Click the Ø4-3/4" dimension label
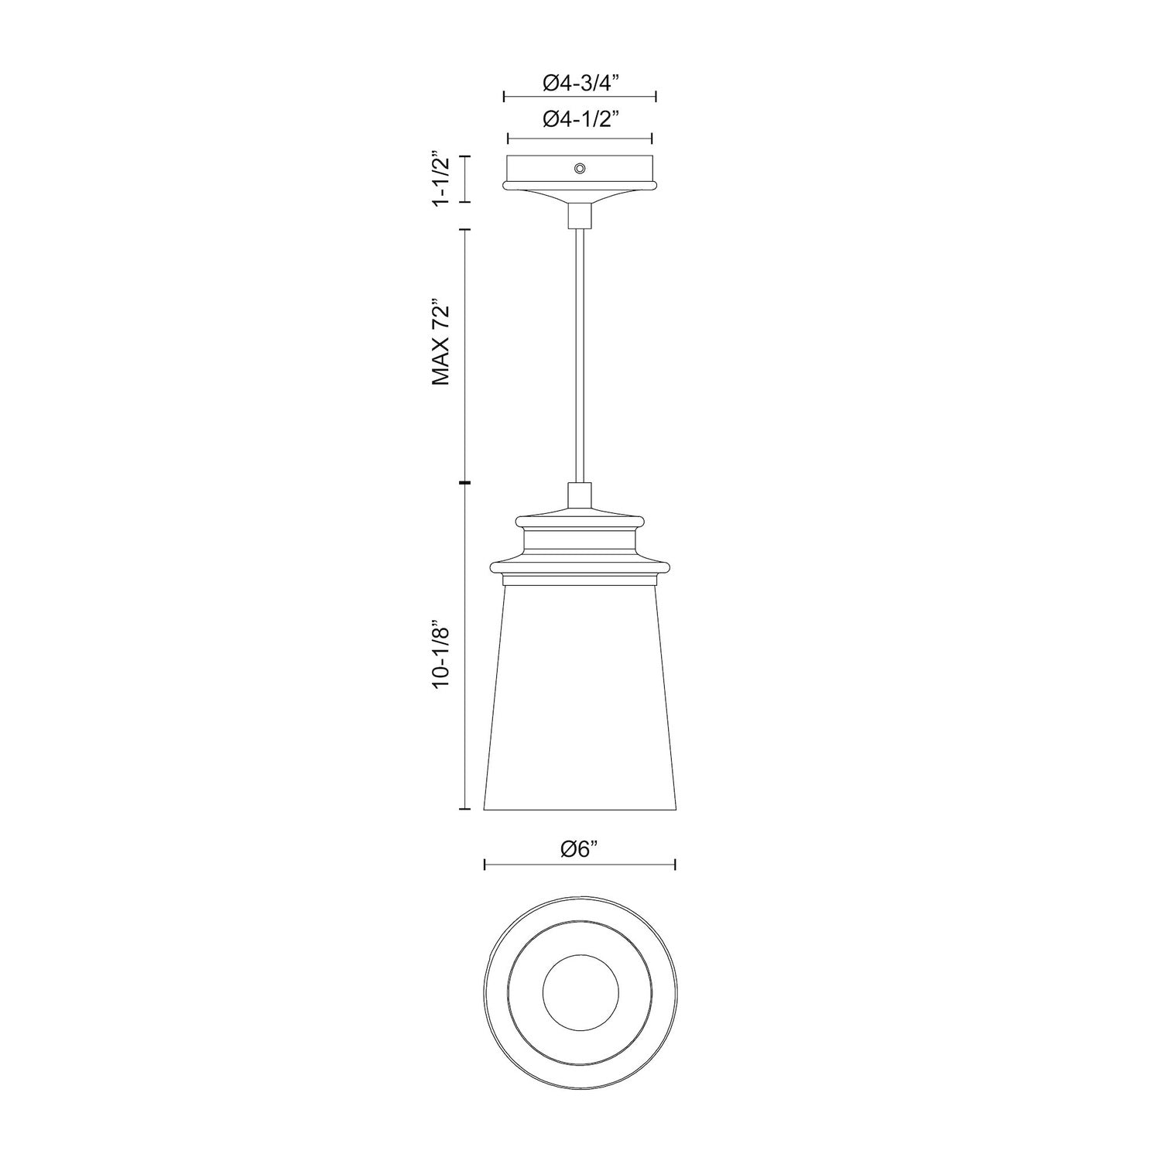click(580, 82)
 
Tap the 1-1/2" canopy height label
click(442, 179)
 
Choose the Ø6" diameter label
click(580, 849)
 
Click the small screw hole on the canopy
click(579, 168)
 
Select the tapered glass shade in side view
click(580, 697)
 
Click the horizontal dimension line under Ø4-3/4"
click(580, 97)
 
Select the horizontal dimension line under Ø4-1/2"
click(580, 139)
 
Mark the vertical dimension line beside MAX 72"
click(466, 356)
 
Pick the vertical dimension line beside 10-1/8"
click(466, 646)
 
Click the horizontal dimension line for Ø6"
click(580, 865)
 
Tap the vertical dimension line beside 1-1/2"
click(466, 179)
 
